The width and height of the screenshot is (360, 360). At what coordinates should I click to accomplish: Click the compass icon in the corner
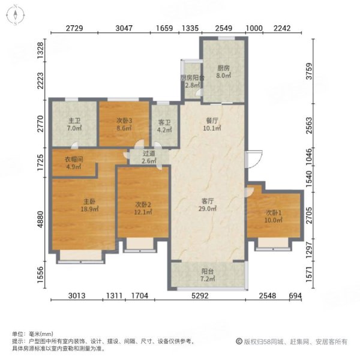(x=16, y=16)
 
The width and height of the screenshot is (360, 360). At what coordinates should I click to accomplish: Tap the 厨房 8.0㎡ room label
(x=223, y=71)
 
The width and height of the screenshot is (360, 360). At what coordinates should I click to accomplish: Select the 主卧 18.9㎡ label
(x=89, y=205)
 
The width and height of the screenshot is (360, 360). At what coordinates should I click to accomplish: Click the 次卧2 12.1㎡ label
(x=143, y=208)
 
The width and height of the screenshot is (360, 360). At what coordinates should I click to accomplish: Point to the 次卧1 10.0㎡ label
(x=274, y=216)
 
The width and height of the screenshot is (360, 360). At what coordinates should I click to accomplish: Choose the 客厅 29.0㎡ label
(x=208, y=205)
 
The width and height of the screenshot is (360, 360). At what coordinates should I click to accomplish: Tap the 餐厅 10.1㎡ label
(x=212, y=124)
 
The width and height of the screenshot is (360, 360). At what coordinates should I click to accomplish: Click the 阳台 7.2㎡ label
(x=208, y=275)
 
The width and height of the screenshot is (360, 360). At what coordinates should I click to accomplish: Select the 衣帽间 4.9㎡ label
(x=74, y=163)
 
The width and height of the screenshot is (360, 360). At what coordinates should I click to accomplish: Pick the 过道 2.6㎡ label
(x=149, y=157)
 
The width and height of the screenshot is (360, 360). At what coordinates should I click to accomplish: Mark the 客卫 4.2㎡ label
(x=164, y=126)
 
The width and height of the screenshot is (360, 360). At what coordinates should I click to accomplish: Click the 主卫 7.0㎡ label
(x=74, y=124)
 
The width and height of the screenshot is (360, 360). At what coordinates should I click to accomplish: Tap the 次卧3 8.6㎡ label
(x=124, y=124)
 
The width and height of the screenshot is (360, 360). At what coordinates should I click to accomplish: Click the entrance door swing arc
(x=259, y=161)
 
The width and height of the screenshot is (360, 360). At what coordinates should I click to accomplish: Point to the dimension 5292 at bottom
(x=200, y=295)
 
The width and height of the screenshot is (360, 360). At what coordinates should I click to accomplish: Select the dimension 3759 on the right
(x=309, y=71)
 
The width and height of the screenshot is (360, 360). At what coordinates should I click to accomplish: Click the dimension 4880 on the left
(x=40, y=219)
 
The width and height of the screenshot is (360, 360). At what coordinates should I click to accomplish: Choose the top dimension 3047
(x=124, y=28)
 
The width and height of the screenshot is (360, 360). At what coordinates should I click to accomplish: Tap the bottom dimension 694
(x=295, y=295)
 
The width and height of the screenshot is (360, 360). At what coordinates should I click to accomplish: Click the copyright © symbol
(x=239, y=341)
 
